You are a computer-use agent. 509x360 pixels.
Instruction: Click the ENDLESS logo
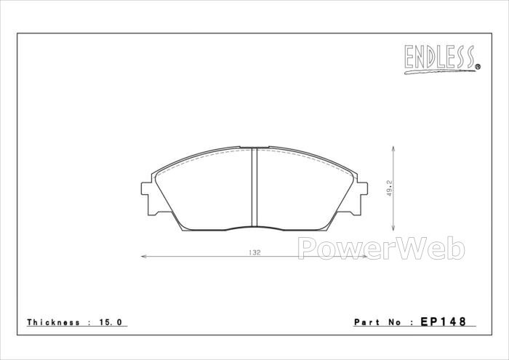tap(442, 60)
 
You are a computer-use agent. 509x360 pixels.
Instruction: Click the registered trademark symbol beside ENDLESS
tap(478, 67)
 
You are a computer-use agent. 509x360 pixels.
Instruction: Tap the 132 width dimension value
tap(254, 252)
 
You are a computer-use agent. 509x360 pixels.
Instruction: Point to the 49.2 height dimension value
tap(390, 188)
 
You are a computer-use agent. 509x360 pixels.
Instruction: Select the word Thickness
tap(54, 322)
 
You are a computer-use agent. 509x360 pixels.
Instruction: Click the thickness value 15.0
tap(111, 322)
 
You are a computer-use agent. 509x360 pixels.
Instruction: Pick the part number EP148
tap(444, 321)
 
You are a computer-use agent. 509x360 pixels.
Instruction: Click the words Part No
tap(379, 322)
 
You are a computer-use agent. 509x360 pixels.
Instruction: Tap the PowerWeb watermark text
tap(382, 249)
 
